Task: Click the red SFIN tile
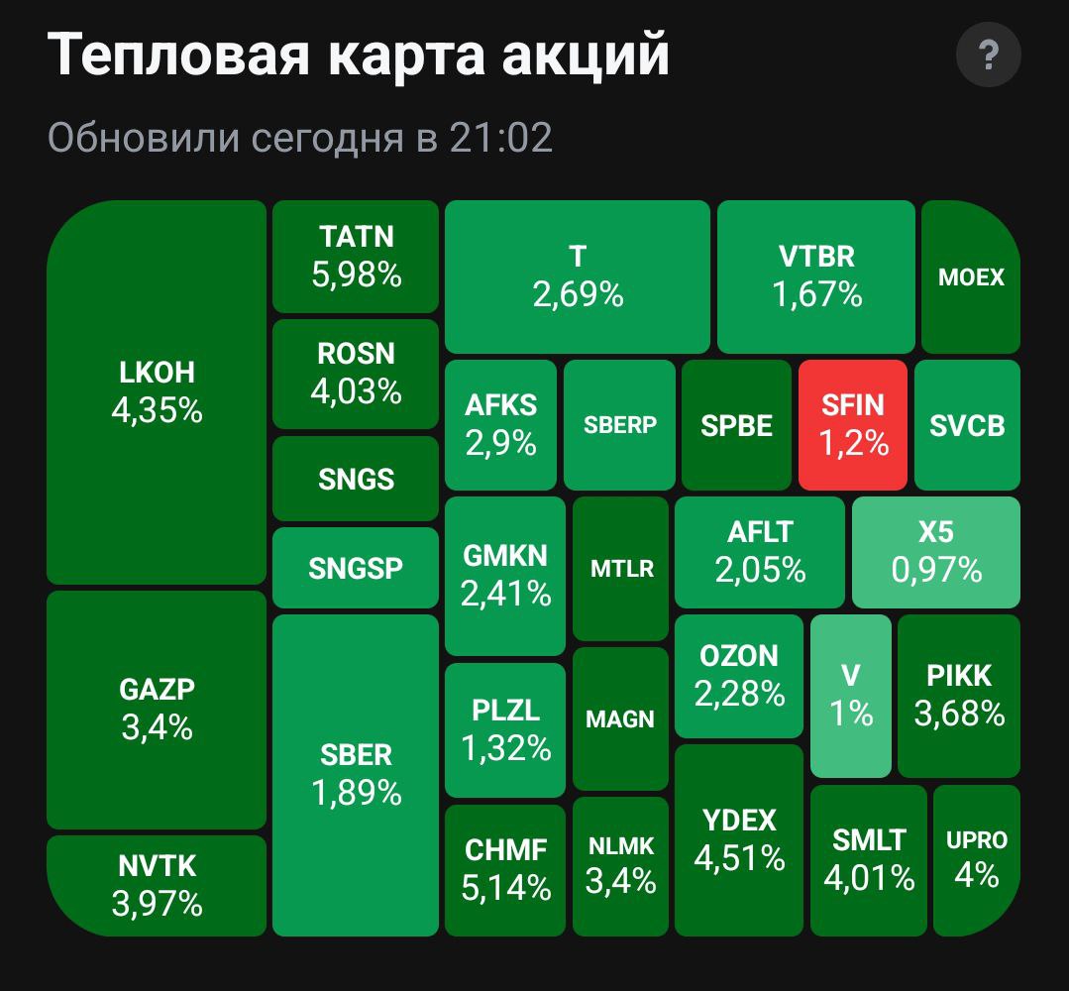point(852,424)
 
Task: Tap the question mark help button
point(988,56)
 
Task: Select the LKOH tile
point(157,391)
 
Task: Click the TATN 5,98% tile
point(356,256)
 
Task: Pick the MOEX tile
point(971,276)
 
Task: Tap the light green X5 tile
point(935,551)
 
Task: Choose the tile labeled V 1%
point(851,695)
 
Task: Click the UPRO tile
point(976,859)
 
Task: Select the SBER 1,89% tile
point(356,774)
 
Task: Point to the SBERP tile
point(620,424)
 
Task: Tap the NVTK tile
point(157,885)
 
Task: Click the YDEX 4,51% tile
point(738,839)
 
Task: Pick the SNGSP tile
point(356,568)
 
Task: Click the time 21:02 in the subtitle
point(500,138)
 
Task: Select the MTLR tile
point(621,569)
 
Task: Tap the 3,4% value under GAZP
point(157,728)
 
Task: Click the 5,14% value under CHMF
point(505,888)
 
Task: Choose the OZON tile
point(738,675)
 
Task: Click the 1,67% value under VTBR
point(816,294)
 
